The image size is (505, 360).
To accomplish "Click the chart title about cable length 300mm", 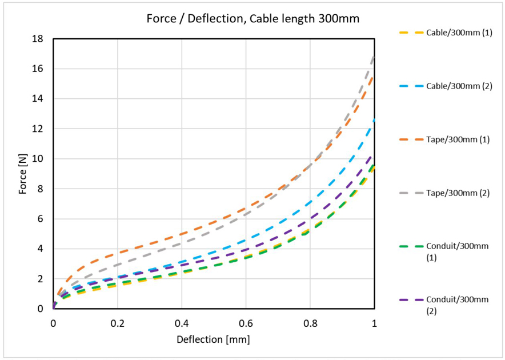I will (252, 19).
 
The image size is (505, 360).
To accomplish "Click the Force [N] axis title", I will (23, 173).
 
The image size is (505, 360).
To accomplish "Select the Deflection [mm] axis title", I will (214, 339).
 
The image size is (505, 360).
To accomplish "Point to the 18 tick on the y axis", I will (39, 39).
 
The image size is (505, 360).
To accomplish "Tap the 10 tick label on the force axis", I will (39, 159).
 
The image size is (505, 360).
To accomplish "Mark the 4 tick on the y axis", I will (42, 249).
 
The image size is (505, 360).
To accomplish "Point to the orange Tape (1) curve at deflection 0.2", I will (118, 253).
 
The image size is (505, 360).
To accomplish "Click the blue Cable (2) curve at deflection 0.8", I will (310, 203).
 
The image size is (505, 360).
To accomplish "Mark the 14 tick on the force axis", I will (39, 99).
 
